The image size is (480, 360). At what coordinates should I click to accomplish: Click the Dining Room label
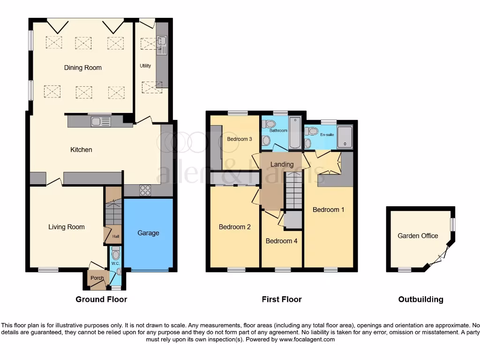coord(82,67)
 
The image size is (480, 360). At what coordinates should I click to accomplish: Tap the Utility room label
coord(145,66)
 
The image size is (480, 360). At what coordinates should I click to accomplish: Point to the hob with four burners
coord(145,190)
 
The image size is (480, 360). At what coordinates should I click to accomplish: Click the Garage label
coord(148,233)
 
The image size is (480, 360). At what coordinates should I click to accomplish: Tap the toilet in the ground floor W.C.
coord(116,254)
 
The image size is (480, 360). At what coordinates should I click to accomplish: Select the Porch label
coord(97,278)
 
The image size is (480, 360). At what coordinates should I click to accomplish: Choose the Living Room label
coord(67,227)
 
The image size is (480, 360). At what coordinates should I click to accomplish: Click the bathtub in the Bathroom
coord(293,133)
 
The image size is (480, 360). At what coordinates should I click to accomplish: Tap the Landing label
coord(282,164)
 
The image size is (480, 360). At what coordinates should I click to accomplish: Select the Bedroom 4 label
coord(281,241)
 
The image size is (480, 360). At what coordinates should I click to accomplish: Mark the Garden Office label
coord(418,236)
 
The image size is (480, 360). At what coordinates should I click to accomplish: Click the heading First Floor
coord(282,299)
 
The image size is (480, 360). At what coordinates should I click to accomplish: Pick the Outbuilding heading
coord(420,299)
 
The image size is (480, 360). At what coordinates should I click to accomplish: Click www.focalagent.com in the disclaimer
coord(307,339)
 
